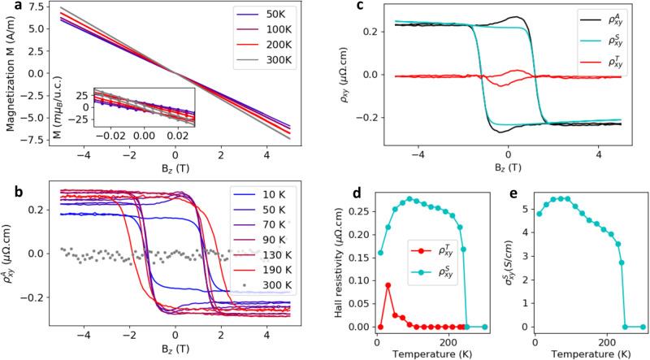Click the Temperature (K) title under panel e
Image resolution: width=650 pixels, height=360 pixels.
click(581, 353)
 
